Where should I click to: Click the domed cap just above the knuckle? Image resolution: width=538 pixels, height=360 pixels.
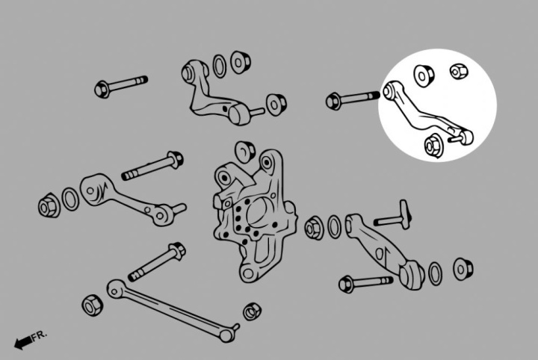pyautogui.click(x=245, y=151)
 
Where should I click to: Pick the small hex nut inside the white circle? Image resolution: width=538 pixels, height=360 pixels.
pyautogui.click(x=459, y=71)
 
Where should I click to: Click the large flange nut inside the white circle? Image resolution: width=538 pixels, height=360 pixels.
pyautogui.click(x=433, y=144)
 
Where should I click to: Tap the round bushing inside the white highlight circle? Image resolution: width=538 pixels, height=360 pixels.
pyautogui.click(x=424, y=75)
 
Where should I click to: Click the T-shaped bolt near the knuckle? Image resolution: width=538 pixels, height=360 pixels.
pyautogui.click(x=393, y=216)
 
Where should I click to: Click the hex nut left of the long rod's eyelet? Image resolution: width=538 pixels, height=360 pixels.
pyautogui.click(x=93, y=305)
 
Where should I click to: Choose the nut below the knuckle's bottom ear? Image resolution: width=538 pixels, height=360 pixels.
pyautogui.click(x=253, y=311)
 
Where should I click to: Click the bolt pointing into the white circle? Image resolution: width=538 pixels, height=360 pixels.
pyautogui.click(x=353, y=99)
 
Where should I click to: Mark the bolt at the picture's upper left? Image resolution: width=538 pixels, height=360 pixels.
pyautogui.click(x=121, y=86)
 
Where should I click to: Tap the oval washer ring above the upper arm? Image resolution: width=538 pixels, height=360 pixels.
pyautogui.click(x=219, y=66)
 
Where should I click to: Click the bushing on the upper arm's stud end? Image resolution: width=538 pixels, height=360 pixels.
pyautogui.click(x=276, y=105)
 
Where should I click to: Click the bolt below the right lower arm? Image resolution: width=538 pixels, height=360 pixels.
pyautogui.click(x=365, y=283)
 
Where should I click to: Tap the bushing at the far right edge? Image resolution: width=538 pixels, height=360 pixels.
pyautogui.click(x=463, y=269)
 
